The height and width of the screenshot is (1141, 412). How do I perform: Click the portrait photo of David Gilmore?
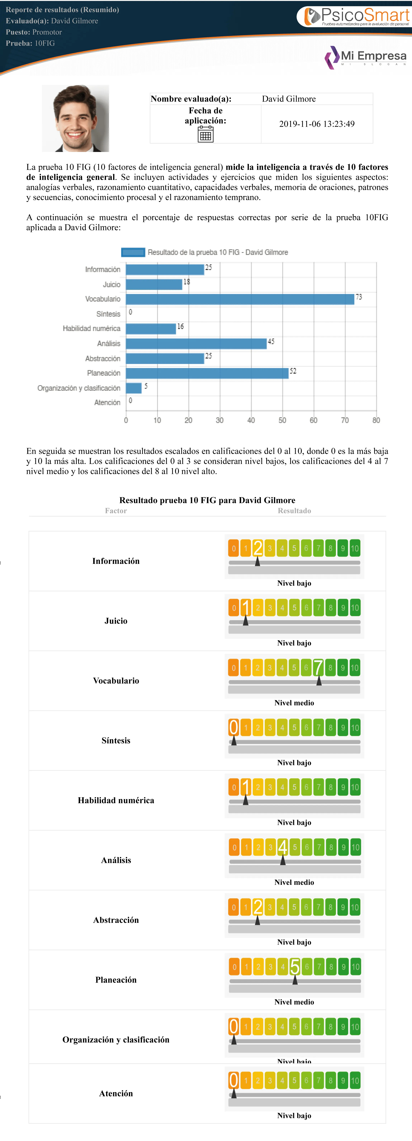75,118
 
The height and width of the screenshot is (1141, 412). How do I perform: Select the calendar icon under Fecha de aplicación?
205,134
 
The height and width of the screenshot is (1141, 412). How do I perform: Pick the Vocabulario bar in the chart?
240,299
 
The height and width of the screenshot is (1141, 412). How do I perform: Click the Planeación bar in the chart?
207,373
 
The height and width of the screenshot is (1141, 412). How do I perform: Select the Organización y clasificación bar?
134,388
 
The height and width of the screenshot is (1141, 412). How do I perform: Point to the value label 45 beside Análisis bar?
271,342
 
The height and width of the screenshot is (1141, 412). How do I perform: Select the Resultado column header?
294,511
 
